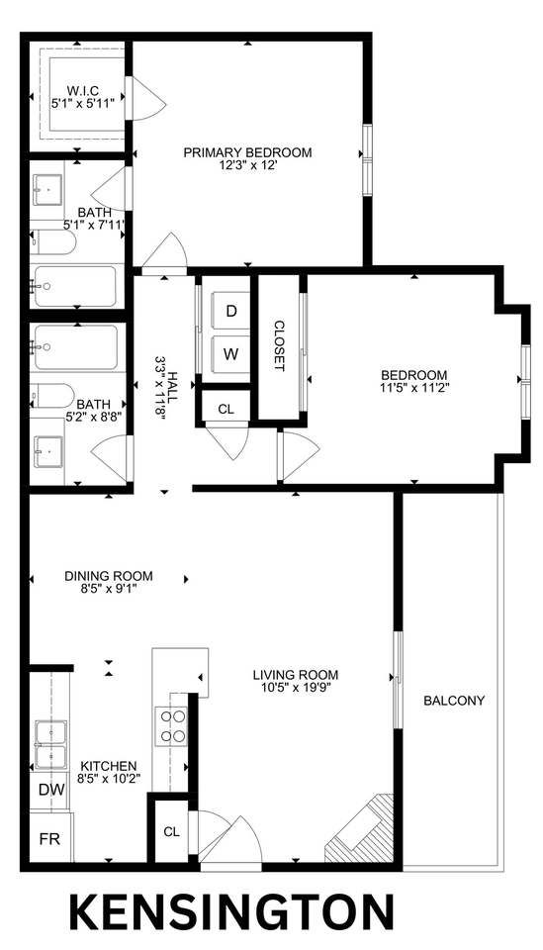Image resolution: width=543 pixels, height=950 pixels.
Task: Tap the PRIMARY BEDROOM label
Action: click(x=248, y=152)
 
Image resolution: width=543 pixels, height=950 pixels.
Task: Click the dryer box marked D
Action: click(x=231, y=311)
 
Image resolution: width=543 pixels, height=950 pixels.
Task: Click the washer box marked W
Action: click(x=231, y=353)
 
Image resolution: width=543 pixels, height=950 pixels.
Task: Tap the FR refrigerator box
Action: click(x=48, y=838)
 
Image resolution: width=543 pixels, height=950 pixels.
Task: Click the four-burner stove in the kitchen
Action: click(x=173, y=726)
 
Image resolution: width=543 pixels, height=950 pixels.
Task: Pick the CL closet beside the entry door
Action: click(x=171, y=831)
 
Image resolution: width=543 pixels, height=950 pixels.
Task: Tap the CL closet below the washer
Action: click(x=226, y=408)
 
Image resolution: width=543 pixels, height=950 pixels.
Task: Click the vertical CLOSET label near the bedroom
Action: click(x=280, y=345)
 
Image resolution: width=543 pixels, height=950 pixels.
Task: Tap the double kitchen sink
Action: click(x=49, y=744)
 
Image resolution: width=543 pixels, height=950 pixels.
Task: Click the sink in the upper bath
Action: click(x=46, y=186)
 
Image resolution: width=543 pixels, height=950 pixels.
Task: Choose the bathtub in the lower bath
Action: click(x=75, y=347)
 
